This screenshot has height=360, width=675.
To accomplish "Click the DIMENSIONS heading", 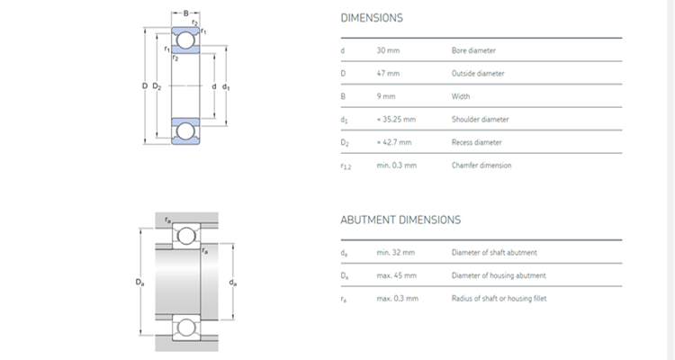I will pyautogui.click(x=372, y=18).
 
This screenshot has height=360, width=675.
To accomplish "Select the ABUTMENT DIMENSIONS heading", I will pyautogui.click(x=400, y=219).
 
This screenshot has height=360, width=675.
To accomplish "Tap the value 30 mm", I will pyautogui.click(x=387, y=50).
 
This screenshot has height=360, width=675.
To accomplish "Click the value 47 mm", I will pyautogui.click(x=387, y=73).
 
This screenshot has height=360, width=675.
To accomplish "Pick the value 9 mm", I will pyautogui.click(x=385, y=96).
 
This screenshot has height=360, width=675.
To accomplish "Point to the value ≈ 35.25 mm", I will pyautogui.click(x=396, y=119).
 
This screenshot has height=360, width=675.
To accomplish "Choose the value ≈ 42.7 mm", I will pyautogui.click(x=393, y=142).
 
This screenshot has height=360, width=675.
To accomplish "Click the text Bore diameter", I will pyautogui.click(x=473, y=50).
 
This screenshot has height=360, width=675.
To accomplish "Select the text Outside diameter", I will pyautogui.click(x=478, y=73).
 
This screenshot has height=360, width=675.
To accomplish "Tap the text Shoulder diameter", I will pyautogui.click(x=480, y=119).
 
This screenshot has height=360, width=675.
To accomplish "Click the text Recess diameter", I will pyautogui.click(x=477, y=142).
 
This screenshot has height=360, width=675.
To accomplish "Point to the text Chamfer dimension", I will pyautogui.click(x=481, y=165).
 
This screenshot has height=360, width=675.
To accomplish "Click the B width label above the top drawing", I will pyautogui.click(x=185, y=13).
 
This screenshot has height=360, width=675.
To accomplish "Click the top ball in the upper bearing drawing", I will pyautogui.click(x=185, y=40).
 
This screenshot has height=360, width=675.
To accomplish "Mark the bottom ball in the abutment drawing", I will pyautogui.click(x=185, y=327).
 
